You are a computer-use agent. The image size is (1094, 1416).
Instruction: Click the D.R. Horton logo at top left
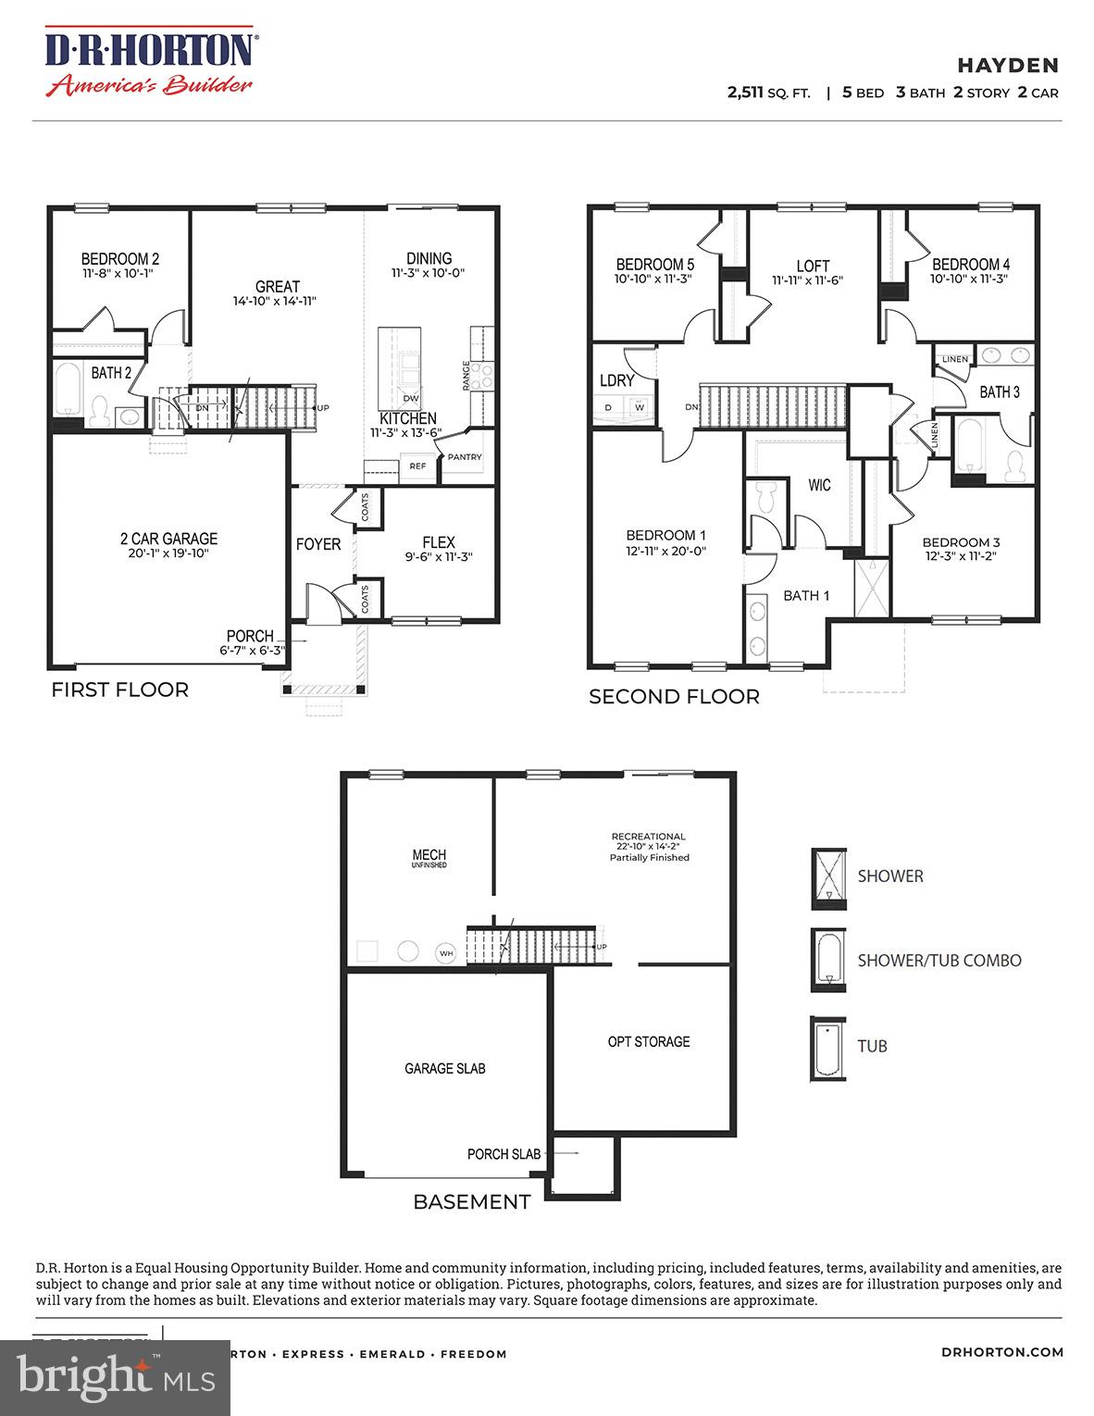tap(151, 63)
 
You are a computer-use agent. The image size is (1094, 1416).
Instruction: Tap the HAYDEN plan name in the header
tap(1007, 65)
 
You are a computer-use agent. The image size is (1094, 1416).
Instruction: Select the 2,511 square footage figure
tap(747, 93)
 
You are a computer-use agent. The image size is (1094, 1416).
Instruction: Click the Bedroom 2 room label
tap(119, 259)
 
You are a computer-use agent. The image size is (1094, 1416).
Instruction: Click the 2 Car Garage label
tap(168, 539)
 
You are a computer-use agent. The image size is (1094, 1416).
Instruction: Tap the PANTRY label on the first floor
tap(465, 457)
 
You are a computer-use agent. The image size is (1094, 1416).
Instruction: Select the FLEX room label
tap(439, 542)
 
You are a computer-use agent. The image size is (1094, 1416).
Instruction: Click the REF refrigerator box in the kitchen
tap(417, 466)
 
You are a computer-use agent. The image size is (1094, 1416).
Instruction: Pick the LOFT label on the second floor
tap(813, 266)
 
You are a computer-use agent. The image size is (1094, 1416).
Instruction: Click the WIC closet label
tap(819, 485)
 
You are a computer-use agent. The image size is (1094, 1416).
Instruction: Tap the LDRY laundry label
tap(616, 380)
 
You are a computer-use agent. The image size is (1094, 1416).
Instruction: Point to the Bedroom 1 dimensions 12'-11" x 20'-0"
tap(666, 551)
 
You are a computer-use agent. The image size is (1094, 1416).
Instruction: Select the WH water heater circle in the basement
tap(446, 952)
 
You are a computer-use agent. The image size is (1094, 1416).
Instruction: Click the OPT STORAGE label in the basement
tap(648, 1042)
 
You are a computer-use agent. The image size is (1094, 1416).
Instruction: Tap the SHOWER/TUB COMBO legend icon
tap(828, 960)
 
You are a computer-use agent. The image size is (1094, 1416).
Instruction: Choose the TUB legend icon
tap(828, 1049)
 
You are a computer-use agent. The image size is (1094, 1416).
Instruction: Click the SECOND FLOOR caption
tap(674, 697)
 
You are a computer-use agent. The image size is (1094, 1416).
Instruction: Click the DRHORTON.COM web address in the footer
tap(1002, 1352)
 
